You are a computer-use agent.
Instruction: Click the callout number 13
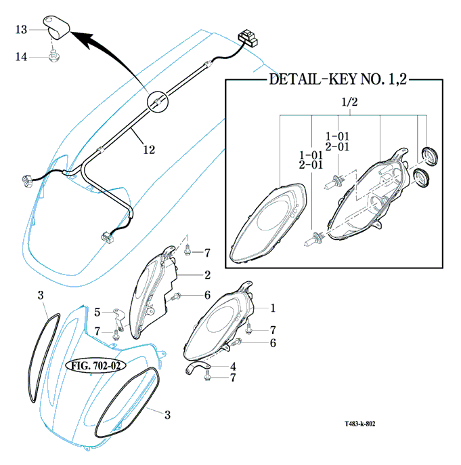(x=21, y=29)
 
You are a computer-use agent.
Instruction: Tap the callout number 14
(x=21, y=57)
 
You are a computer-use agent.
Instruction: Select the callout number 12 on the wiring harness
(x=149, y=149)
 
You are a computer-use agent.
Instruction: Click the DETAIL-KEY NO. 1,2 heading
(x=338, y=79)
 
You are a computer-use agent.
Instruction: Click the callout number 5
(x=97, y=312)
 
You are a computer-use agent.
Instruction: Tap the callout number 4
(x=232, y=367)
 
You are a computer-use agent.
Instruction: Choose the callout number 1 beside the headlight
(x=273, y=308)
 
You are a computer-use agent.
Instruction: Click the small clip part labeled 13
(x=57, y=28)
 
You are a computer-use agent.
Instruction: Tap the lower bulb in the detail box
(x=315, y=238)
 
